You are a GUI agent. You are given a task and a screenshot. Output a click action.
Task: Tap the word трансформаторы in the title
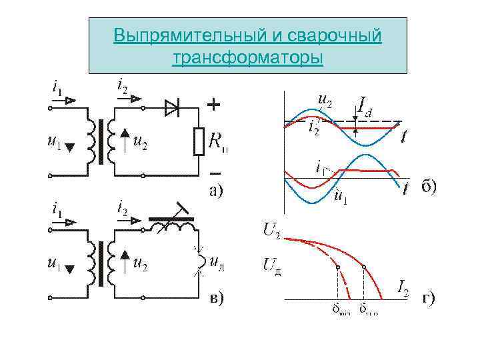tap(247, 59)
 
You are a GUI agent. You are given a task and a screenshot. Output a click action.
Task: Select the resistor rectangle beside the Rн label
tap(198, 141)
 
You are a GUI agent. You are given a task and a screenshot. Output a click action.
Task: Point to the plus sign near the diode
tap(213, 105)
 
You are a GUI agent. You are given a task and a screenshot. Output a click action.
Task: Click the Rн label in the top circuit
tap(216, 142)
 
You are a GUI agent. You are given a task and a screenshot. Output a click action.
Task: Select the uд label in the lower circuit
tap(216, 261)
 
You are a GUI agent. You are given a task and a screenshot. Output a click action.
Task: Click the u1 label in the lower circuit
tap(55, 265)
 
